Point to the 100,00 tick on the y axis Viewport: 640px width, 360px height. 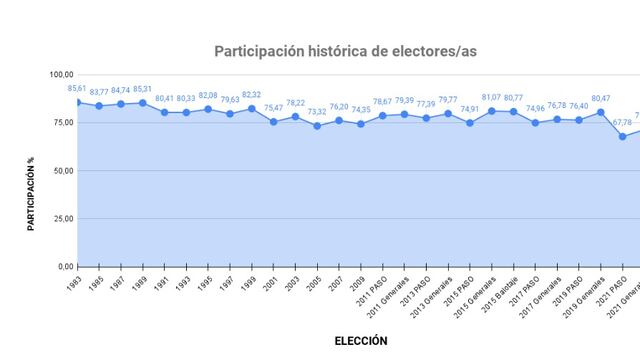62,74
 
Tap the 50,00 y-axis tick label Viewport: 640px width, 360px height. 64,170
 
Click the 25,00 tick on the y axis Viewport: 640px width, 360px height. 64,218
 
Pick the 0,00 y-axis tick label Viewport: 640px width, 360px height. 66,267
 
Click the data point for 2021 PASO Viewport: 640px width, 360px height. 623,136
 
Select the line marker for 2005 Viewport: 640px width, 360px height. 317,126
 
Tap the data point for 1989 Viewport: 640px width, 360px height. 142,103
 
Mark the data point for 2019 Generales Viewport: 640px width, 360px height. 601,112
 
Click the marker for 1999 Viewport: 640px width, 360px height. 252,108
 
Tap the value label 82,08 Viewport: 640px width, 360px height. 208,96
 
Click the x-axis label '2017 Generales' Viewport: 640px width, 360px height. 543,292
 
